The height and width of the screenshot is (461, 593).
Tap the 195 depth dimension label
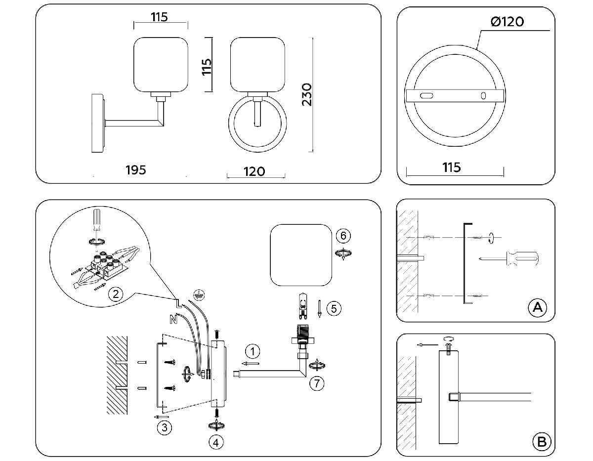point(136,170)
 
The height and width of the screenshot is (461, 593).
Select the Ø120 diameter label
point(508,22)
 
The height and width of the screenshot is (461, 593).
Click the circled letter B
point(541,441)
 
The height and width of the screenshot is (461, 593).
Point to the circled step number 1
point(253,352)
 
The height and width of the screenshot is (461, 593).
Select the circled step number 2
point(115,294)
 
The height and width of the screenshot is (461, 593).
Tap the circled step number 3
point(164,428)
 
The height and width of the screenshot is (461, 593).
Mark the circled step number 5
point(334,309)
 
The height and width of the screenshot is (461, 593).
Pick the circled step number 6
point(343,235)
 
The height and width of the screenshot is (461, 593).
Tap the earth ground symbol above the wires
point(198,294)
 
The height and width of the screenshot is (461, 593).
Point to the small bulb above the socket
point(301,305)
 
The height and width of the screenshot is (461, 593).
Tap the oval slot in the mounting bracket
point(425,95)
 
